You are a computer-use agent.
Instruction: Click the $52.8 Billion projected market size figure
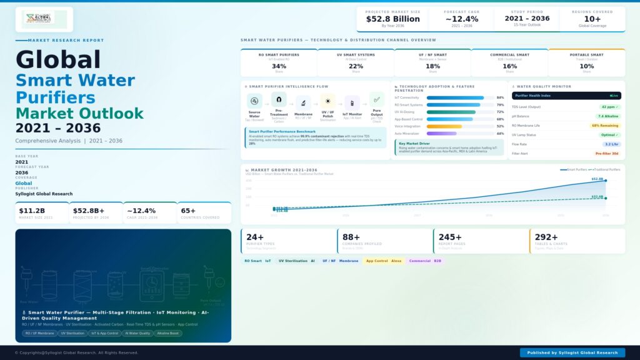click(392, 19)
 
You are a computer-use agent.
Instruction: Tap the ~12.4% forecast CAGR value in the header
click(462, 19)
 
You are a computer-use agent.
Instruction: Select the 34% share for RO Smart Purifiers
click(279, 66)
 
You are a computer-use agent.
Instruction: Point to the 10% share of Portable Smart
click(586, 66)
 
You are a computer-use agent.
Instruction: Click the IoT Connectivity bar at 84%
click(455, 97)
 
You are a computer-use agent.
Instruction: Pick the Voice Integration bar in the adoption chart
click(444, 126)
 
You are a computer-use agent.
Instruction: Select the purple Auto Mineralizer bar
click(442, 133)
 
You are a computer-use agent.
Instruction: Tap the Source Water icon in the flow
click(254, 101)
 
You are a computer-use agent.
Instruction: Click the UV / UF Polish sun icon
click(327, 101)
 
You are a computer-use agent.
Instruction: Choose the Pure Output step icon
click(376, 100)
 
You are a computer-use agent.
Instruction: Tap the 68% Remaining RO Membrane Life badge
click(604, 126)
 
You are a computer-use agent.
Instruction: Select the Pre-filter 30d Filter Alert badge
click(606, 153)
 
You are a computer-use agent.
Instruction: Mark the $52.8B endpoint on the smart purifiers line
click(605, 181)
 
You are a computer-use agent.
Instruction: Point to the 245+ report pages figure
click(450, 237)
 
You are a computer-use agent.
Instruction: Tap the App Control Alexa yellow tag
click(383, 261)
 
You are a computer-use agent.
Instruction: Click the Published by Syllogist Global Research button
click(572, 352)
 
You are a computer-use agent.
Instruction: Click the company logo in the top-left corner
click(44, 18)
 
